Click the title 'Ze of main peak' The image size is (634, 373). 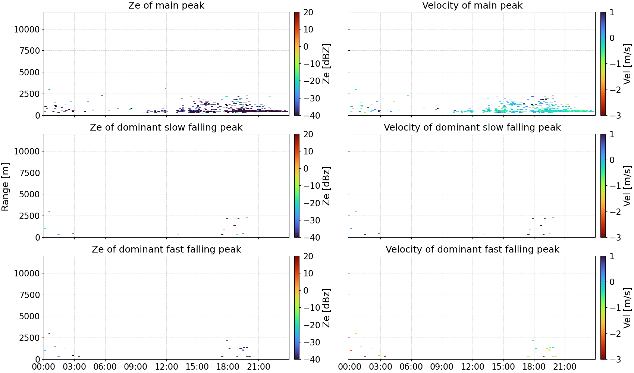click(166, 5)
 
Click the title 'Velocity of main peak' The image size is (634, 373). click(473, 5)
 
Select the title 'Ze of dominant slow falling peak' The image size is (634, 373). click(166, 127)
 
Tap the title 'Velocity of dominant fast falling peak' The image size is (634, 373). click(473, 249)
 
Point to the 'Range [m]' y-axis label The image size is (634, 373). click(5, 187)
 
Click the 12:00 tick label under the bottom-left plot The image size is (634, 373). click(166, 367)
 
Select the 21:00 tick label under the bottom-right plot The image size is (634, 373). click(565, 367)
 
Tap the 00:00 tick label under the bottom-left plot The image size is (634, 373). click(44, 367)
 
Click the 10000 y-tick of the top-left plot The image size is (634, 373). click(27, 29)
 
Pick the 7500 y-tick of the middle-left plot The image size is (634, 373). click(30, 173)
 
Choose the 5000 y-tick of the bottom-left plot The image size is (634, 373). click(30, 316)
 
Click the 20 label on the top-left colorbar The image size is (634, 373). click(308, 12)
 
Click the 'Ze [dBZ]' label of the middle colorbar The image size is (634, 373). click(326, 186)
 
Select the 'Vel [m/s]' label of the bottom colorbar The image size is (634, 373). click(627, 308)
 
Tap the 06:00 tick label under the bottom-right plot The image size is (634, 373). click(411, 367)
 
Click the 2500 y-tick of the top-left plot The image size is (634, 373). click(30, 94)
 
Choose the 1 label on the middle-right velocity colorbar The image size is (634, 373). click(612, 134)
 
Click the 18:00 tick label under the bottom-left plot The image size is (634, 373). click(228, 367)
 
